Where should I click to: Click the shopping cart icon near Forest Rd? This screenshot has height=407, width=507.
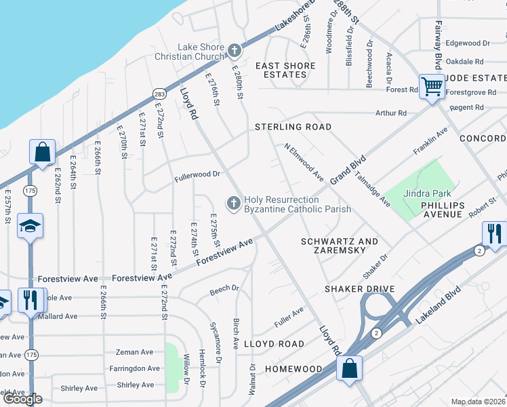click(x=431, y=85)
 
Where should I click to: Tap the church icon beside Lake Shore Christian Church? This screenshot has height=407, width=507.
click(x=235, y=50)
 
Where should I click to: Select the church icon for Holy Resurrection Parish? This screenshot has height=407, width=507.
click(x=234, y=203)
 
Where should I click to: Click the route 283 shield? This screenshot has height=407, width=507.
click(x=159, y=93)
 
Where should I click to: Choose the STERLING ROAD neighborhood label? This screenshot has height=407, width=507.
click(x=293, y=127)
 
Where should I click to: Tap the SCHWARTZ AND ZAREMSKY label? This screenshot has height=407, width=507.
click(x=339, y=246)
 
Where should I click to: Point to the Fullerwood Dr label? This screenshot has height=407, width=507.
click(x=198, y=174)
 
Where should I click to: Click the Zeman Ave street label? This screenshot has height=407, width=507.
click(x=135, y=352)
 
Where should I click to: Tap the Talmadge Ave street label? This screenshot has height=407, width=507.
click(x=375, y=192)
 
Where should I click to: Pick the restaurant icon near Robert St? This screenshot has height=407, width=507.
click(x=494, y=233)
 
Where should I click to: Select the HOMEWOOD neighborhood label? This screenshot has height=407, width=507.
click(x=293, y=369)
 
